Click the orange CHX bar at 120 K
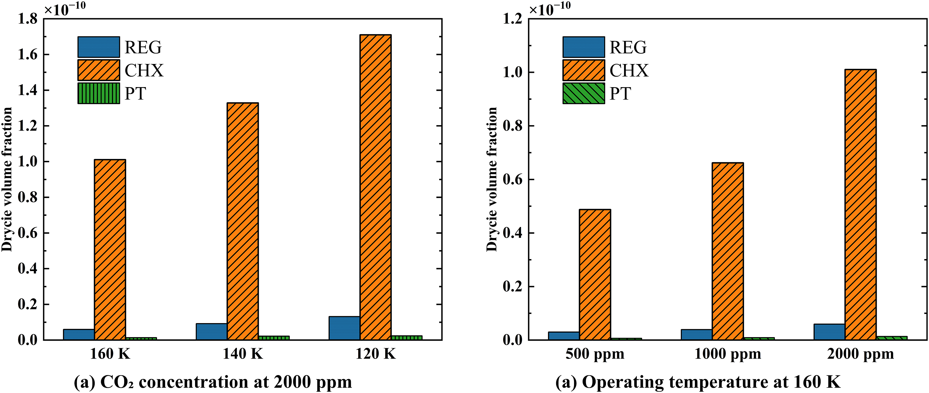375,187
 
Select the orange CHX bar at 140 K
242,221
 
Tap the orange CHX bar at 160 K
110,250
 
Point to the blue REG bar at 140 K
211,332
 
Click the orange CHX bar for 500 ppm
595,274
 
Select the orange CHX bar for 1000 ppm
727,251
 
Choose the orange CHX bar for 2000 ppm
860,204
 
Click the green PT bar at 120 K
406,338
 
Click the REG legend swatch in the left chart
98,47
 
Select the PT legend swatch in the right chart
583,93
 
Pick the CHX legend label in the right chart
629,70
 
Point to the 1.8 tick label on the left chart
28,19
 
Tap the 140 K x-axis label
242,354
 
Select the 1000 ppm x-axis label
727,354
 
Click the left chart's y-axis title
7,179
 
